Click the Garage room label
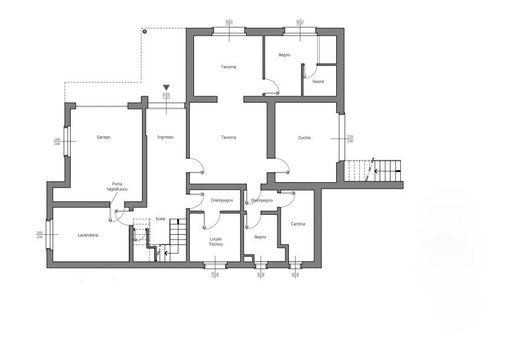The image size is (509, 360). click(x=103, y=137)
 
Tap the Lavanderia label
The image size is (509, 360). click(x=88, y=235)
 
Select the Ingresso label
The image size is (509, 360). click(x=166, y=137)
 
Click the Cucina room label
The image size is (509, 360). click(x=304, y=138)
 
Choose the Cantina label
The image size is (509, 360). click(x=298, y=224)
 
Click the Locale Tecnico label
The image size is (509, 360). click(x=216, y=241)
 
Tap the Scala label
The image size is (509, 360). click(x=160, y=218)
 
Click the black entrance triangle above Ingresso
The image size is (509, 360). click(x=166, y=88)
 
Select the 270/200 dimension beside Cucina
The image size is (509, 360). click(x=349, y=139)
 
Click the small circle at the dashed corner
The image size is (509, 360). click(x=144, y=31)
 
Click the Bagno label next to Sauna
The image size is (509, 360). click(x=284, y=55)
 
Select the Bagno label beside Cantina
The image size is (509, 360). click(x=261, y=237)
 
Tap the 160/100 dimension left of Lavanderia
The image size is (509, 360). click(x=40, y=235)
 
